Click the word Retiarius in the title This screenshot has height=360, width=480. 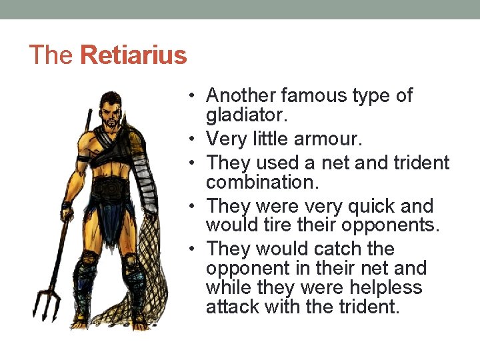pos(133,55)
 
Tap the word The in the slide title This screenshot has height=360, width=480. pos(51,55)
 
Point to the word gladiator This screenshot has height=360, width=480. pos(247,115)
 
